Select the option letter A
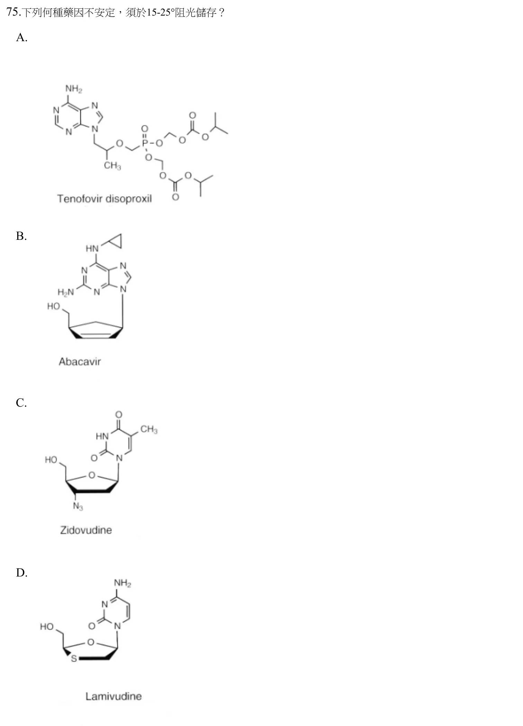21,37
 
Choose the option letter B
21,236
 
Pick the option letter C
21,403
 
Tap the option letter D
21,573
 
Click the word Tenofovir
80,199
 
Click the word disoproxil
128,199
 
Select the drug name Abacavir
80,362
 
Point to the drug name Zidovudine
86,530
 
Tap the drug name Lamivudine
114,696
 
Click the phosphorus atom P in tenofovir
145,143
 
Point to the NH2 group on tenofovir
74,89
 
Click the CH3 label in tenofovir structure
112,166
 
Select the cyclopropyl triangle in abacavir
115,241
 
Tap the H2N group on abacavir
66,292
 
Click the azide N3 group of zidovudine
78,507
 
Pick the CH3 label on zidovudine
149,429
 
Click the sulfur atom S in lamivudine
74,658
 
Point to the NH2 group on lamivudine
123,583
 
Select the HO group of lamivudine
47,627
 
